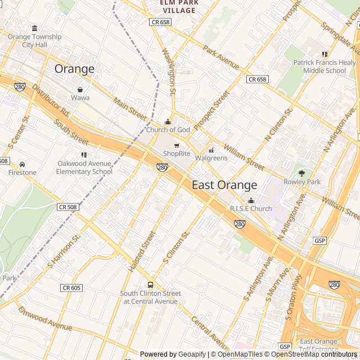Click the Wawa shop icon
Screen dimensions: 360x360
[80, 89]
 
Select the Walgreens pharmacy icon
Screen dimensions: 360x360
[211, 150]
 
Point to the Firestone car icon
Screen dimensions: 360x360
[22, 164]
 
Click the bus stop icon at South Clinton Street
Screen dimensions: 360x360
[150, 285]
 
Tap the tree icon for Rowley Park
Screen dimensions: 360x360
[301, 173]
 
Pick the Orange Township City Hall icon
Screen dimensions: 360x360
[35, 29]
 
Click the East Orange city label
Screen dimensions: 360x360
[224, 185]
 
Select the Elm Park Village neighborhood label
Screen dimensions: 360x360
[179, 7]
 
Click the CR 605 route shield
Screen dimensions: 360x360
[71, 288]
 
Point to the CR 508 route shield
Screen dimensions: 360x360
[68, 207]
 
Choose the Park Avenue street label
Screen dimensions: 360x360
[222, 59]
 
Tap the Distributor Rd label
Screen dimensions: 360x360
[51, 101]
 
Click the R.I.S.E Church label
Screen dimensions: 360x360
[251, 209]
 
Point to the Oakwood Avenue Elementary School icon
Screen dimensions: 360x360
[84, 155]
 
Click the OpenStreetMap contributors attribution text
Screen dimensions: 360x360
[316, 354]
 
